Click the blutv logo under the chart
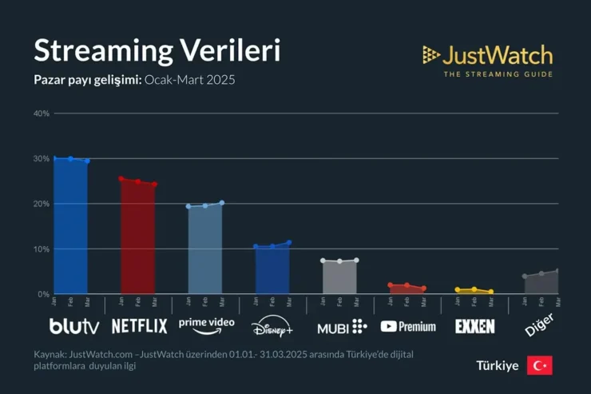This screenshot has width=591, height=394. click(75, 326)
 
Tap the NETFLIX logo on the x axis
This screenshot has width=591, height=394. click(139, 326)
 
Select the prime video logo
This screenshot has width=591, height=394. click(206, 324)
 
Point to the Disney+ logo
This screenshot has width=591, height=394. click(272, 328)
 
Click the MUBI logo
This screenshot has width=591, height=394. click(342, 327)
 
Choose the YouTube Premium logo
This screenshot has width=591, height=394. click(408, 327)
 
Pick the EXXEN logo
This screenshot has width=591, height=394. click(474, 326)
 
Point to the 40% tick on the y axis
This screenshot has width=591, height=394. click(42, 113)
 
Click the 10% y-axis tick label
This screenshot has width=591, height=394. click(42, 249)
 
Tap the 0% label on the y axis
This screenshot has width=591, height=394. click(43, 294)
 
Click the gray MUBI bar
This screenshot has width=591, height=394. click(339, 277)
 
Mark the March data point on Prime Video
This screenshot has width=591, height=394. click(221, 203)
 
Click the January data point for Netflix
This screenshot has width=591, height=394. click(121, 179)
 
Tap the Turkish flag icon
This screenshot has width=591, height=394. click(539, 365)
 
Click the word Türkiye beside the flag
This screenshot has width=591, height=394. click(498, 366)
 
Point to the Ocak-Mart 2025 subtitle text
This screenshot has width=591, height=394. click(190, 81)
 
